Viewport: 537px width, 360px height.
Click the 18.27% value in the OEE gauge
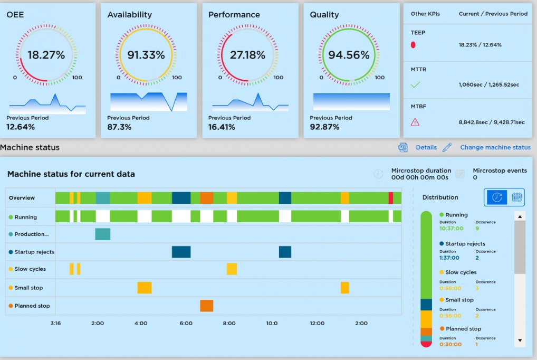[46, 55]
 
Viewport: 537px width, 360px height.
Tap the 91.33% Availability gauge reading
[146, 55]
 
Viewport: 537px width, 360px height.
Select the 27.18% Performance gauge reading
[247, 55]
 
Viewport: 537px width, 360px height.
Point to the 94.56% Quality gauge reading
[349, 55]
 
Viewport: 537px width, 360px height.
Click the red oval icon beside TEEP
[413, 45]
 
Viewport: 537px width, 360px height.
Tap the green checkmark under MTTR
[415, 84]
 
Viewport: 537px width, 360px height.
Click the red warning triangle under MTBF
[415, 122]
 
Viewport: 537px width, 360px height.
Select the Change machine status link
[495, 147]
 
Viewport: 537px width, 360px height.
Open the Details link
[426, 147]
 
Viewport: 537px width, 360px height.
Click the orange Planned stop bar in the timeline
[206, 306]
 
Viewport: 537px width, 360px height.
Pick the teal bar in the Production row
[102, 234]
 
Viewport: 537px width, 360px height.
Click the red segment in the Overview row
[391, 198]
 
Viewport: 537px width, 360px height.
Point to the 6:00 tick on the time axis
[186, 323]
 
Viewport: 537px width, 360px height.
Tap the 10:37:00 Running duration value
[451, 229]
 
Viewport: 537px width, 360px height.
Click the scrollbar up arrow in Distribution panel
[520, 216]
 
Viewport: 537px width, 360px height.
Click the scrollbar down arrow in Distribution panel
[520, 340]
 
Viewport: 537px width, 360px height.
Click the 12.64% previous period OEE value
[21, 127]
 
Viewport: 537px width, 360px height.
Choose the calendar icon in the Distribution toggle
[517, 197]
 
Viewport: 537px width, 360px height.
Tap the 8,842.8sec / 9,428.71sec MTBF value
[492, 122]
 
